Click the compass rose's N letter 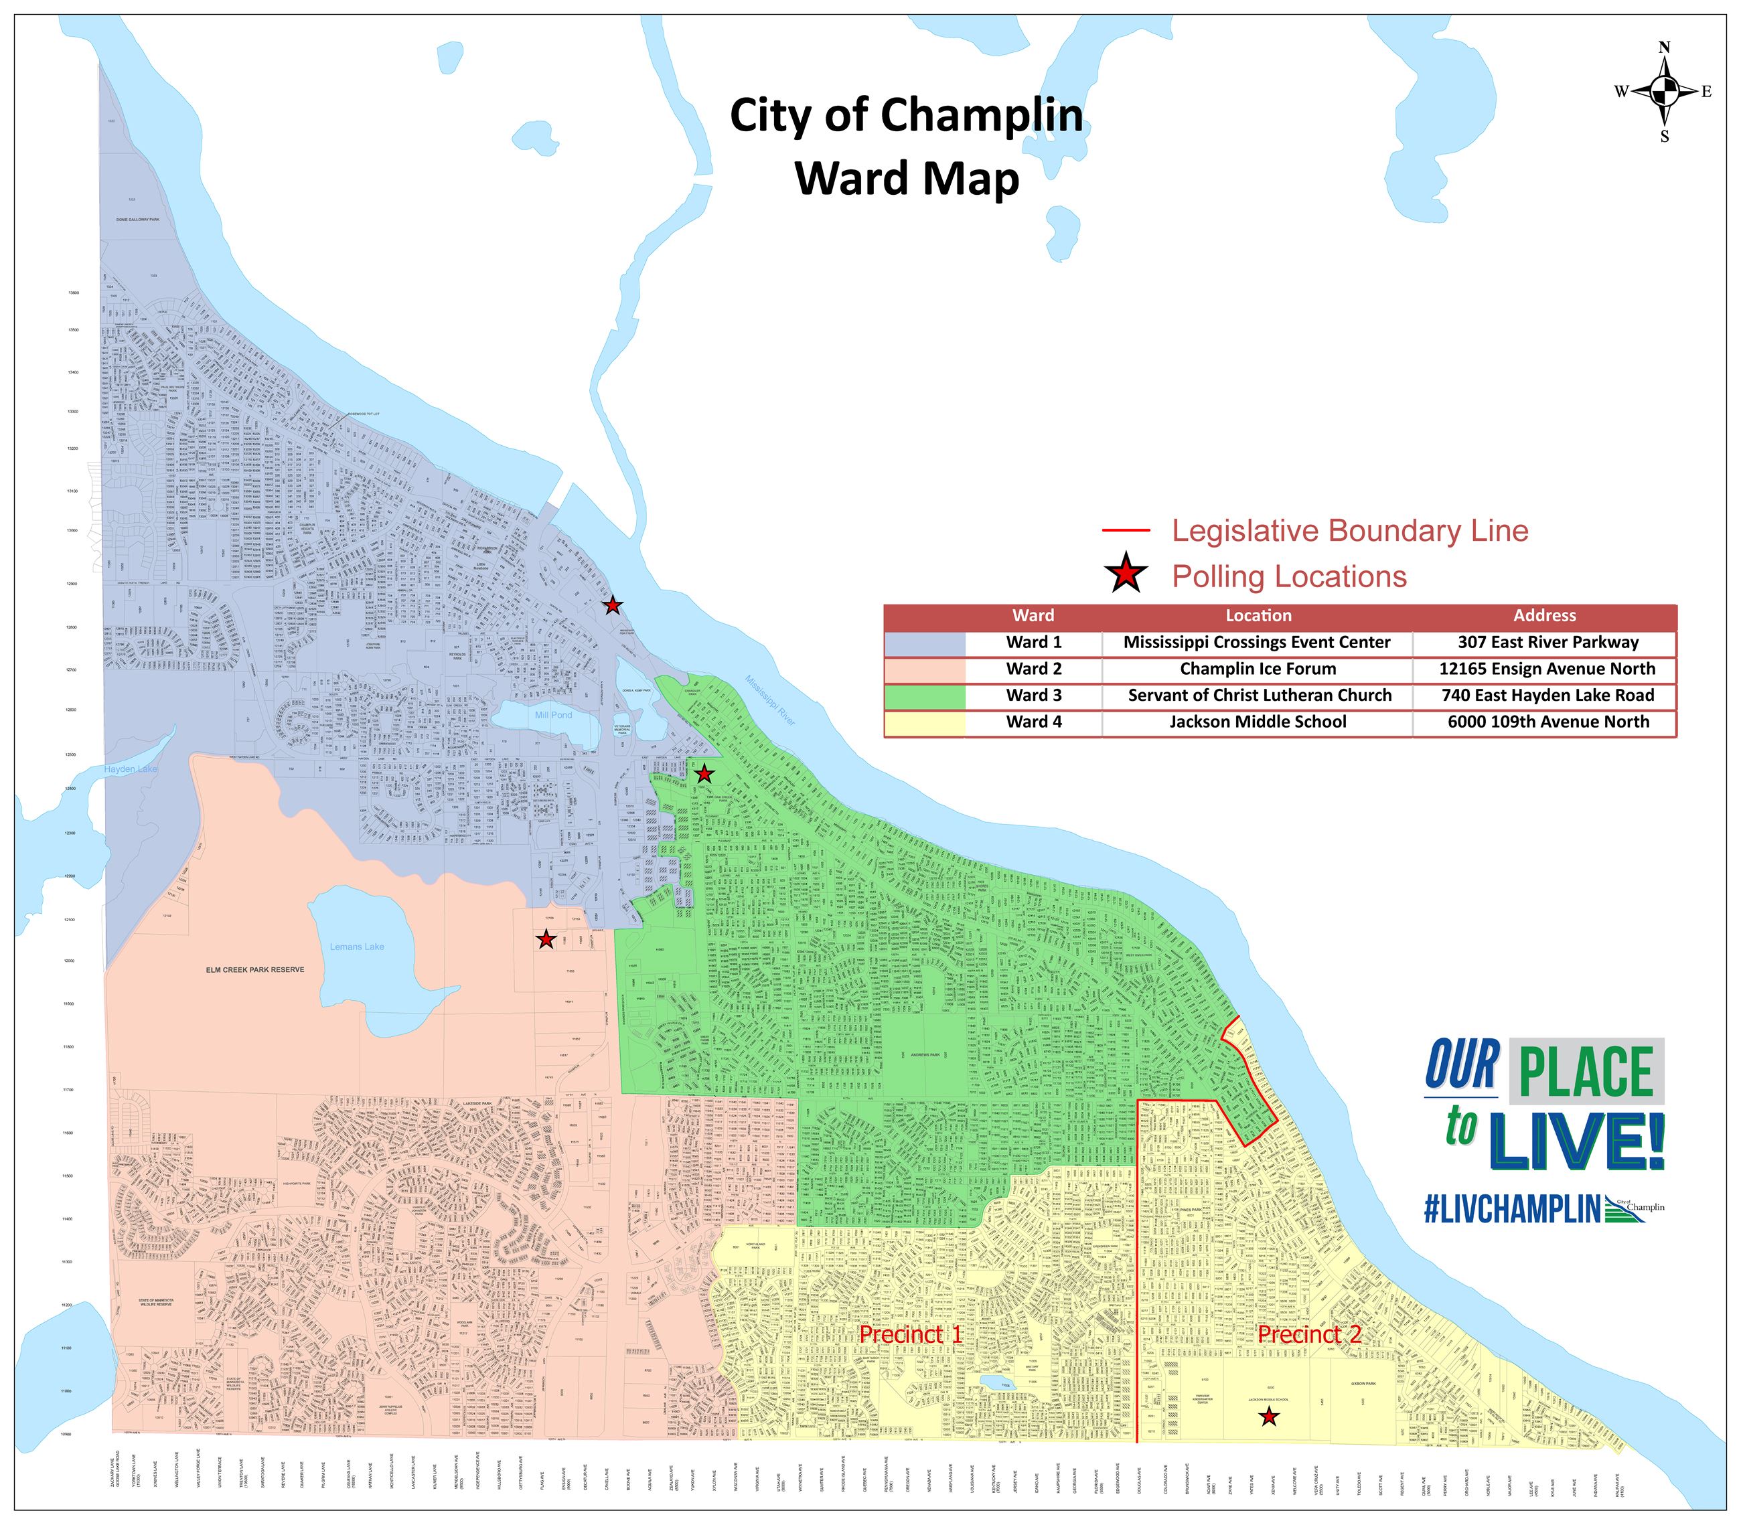point(1665,48)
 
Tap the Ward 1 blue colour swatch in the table point(924,643)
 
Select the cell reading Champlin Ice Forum point(1258,669)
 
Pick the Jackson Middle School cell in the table point(1258,722)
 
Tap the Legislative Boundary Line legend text point(1350,530)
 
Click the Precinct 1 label point(911,1334)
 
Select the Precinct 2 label point(1309,1334)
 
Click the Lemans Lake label point(356,947)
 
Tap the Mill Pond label point(552,716)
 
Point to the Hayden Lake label point(131,769)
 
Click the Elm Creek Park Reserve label point(254,970)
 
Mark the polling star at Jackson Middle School point(1268,1417)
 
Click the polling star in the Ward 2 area point(546,940)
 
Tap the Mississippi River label point(770,700)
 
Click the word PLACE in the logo point(1586,1072)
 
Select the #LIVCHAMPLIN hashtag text point(1511,1208)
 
